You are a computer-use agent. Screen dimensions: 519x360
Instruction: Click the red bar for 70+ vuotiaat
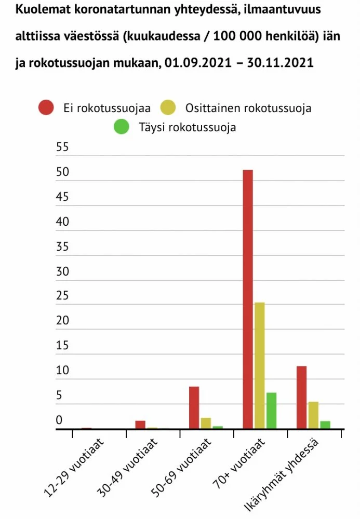[x=248, y=299]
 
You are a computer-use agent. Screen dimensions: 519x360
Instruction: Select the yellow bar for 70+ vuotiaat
[x=260, y=365]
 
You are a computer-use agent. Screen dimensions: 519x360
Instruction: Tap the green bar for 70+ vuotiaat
[x=271, y=411]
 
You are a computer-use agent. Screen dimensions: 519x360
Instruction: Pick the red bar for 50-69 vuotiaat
[x=194, y=407]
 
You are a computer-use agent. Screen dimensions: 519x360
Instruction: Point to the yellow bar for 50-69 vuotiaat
[x=206, y=423]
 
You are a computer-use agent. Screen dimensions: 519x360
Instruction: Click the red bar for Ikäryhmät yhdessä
[x=301, y=397]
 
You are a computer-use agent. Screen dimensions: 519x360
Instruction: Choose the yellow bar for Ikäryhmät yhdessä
[x=313, y=415]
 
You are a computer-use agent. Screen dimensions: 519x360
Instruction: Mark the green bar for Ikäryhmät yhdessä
[x=325, y=425]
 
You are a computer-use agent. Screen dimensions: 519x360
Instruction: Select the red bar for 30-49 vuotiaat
[x=140, y=425]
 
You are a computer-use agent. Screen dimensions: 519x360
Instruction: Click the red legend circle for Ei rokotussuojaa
[x=47, y=108]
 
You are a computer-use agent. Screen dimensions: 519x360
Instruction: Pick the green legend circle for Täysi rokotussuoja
[x=121, y=127]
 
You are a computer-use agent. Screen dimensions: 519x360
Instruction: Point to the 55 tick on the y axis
[x=62, y=147]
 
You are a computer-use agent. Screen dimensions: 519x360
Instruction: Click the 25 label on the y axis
[x=62, y=296]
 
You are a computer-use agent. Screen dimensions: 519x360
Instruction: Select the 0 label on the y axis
[x=59, y=420]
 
